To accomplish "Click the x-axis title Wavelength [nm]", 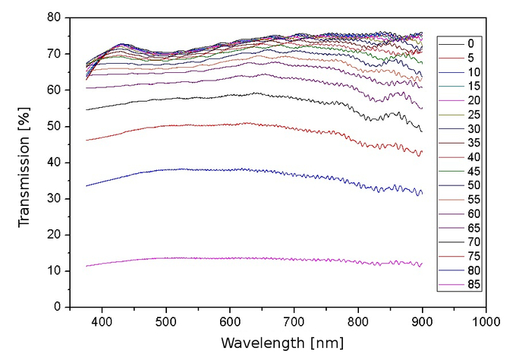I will (x=277, y=342).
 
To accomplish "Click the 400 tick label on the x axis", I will (x=102, y=321).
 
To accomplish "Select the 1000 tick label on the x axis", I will (x=486, y=321).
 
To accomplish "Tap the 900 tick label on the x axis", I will (x=422, y=321).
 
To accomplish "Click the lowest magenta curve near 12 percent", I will (x=228, y=258).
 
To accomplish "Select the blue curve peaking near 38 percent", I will (x=228, y=169).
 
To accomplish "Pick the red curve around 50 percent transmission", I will (x=228, y=125).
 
